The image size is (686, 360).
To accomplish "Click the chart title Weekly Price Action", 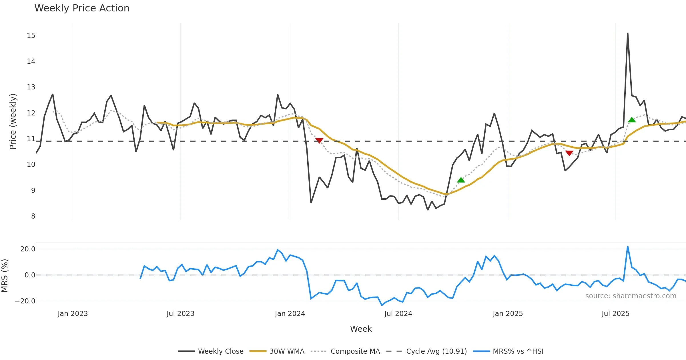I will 82,8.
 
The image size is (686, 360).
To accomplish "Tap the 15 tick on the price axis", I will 31,36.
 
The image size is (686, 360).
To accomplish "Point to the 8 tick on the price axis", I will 33,216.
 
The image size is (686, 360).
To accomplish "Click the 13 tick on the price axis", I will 31,87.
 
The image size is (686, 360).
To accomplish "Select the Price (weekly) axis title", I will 13,121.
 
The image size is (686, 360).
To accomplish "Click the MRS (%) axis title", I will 5,275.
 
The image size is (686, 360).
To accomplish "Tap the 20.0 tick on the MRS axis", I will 28,249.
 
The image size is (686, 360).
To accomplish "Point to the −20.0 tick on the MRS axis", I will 25,301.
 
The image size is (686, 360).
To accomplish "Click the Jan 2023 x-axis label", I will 73,314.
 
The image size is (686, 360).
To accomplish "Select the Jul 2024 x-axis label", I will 398,314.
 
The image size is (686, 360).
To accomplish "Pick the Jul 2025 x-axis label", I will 615,314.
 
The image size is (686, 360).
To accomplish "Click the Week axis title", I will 361,329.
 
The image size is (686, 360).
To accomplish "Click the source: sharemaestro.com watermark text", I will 631,296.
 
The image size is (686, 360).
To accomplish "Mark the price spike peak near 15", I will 628,33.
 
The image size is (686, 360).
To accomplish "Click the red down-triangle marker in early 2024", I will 319,141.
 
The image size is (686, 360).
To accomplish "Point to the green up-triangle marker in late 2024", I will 461,180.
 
